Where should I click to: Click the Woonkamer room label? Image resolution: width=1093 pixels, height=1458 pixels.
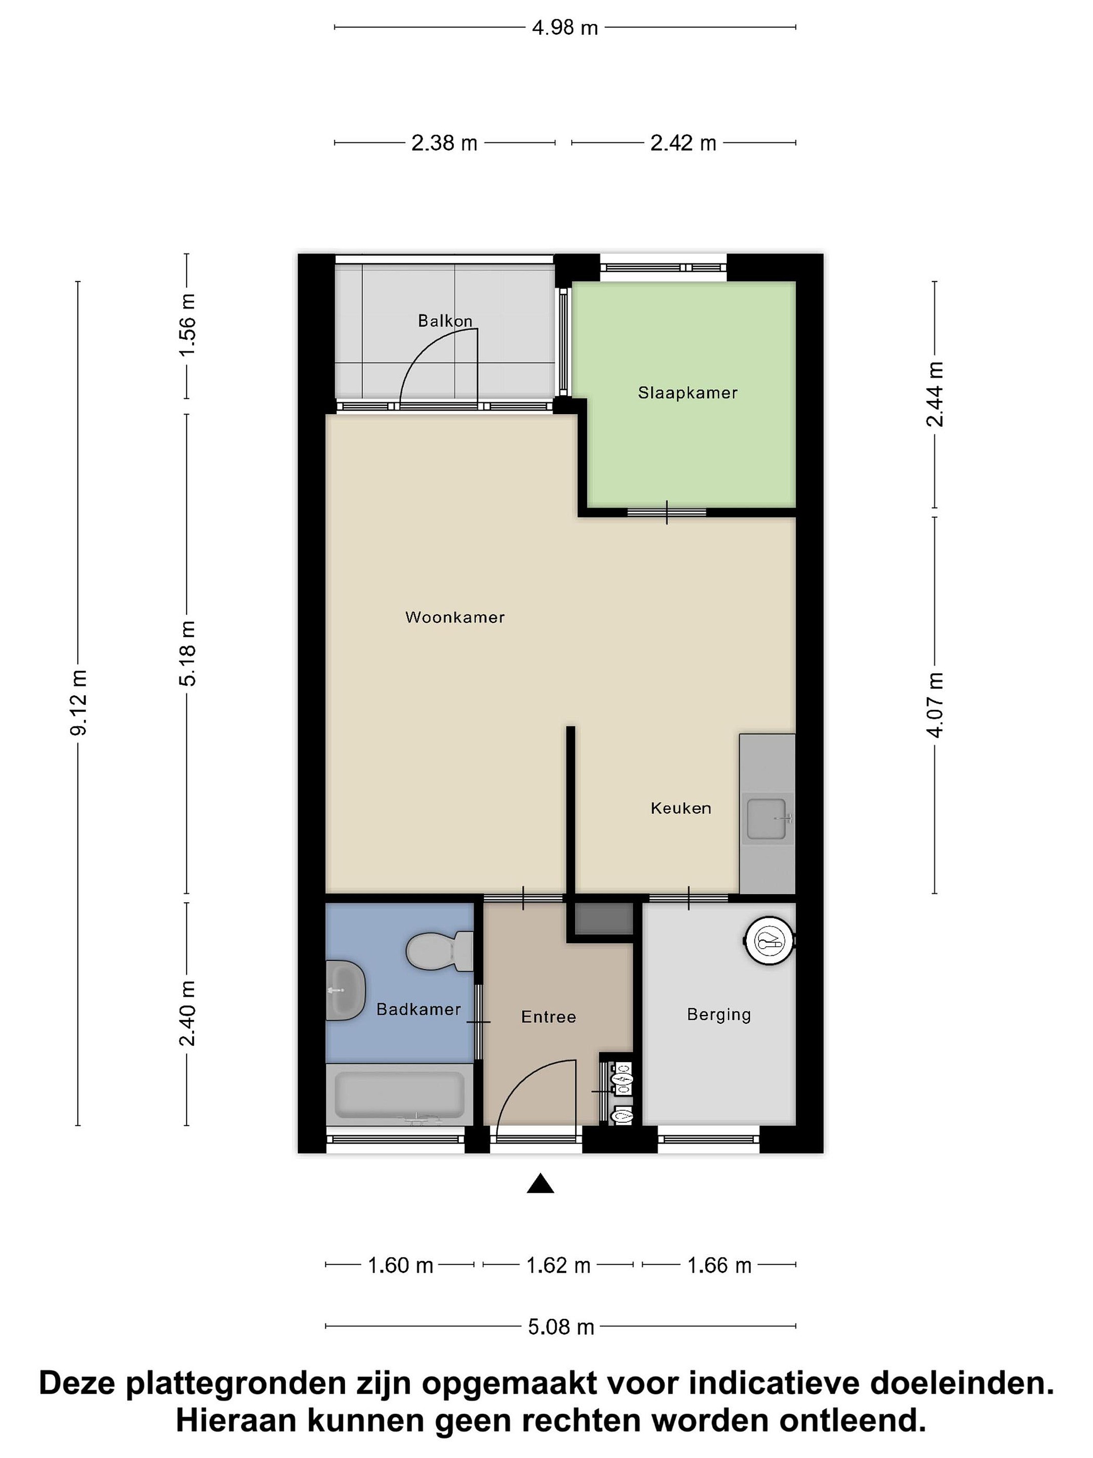(x=454, y=617)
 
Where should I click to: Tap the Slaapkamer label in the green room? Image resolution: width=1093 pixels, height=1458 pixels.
(x=687, y=393)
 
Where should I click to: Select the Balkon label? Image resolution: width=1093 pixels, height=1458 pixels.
(x=445, y=321)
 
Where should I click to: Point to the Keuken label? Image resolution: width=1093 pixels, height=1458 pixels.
(x=681, y=808)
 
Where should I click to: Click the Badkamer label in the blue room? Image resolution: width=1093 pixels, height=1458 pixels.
(x=418, y=1009)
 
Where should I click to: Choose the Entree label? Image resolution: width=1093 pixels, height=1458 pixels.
(x=548, y=1017)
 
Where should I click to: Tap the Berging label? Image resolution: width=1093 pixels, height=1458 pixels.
(x=719, y=1015)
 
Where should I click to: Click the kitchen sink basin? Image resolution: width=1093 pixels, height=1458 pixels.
(x=766, y=819)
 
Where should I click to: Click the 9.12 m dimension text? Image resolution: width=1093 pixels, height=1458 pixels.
(x=79, y=703)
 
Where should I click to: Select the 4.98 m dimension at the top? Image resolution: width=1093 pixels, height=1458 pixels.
(x=565, y=28)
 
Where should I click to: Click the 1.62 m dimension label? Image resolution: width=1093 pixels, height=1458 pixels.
(x=558, y=1266)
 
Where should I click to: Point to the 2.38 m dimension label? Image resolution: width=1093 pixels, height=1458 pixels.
(x=444, y=143)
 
